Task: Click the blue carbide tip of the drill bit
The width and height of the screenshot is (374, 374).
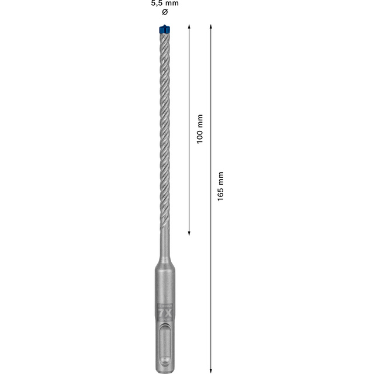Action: pos(164,29)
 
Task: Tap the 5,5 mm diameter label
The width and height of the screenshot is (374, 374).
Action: pos(164,4)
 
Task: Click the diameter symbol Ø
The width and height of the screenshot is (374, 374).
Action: pos(164,12)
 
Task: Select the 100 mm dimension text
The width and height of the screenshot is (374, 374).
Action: pos(200,129)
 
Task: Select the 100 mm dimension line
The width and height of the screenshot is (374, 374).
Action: pos(189,175)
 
